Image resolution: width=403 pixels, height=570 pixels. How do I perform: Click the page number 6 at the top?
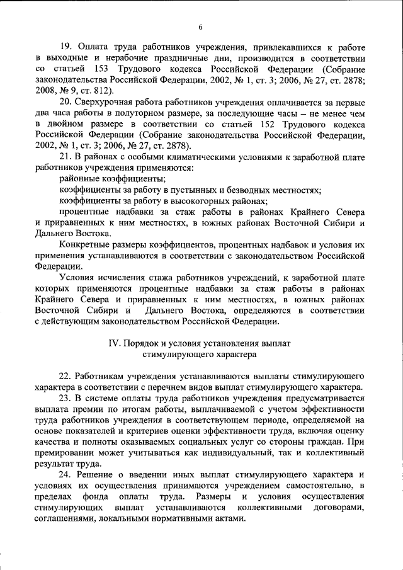(x=201, y=26)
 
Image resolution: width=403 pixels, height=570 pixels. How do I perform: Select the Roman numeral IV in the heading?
(x=114, y=343)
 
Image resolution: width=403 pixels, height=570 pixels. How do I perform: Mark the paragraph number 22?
(x=65, y=375)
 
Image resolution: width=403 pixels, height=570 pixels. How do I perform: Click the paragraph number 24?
(x=65, y=473)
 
